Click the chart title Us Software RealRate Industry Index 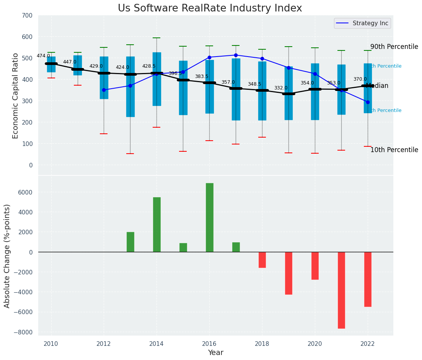[x=210, y=8]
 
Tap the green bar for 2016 [x=209, y=217]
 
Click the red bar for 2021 [x=341, y=290]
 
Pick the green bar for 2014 [x=156, y=224]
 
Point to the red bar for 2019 [x=288, y=273]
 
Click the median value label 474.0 [x=43, y=56]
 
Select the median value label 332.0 [x=280, y=88]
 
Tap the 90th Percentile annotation [x=394, y=47]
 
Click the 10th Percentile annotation [x=394, y=150]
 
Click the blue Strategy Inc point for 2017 [x=236, y=55]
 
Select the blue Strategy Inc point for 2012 [x=104, y=90]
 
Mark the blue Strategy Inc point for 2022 [x=368, y=102]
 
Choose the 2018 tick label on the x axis [x=262, y=344]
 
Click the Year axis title [x=215, y=353]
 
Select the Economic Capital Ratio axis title [x=16, y=96]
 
